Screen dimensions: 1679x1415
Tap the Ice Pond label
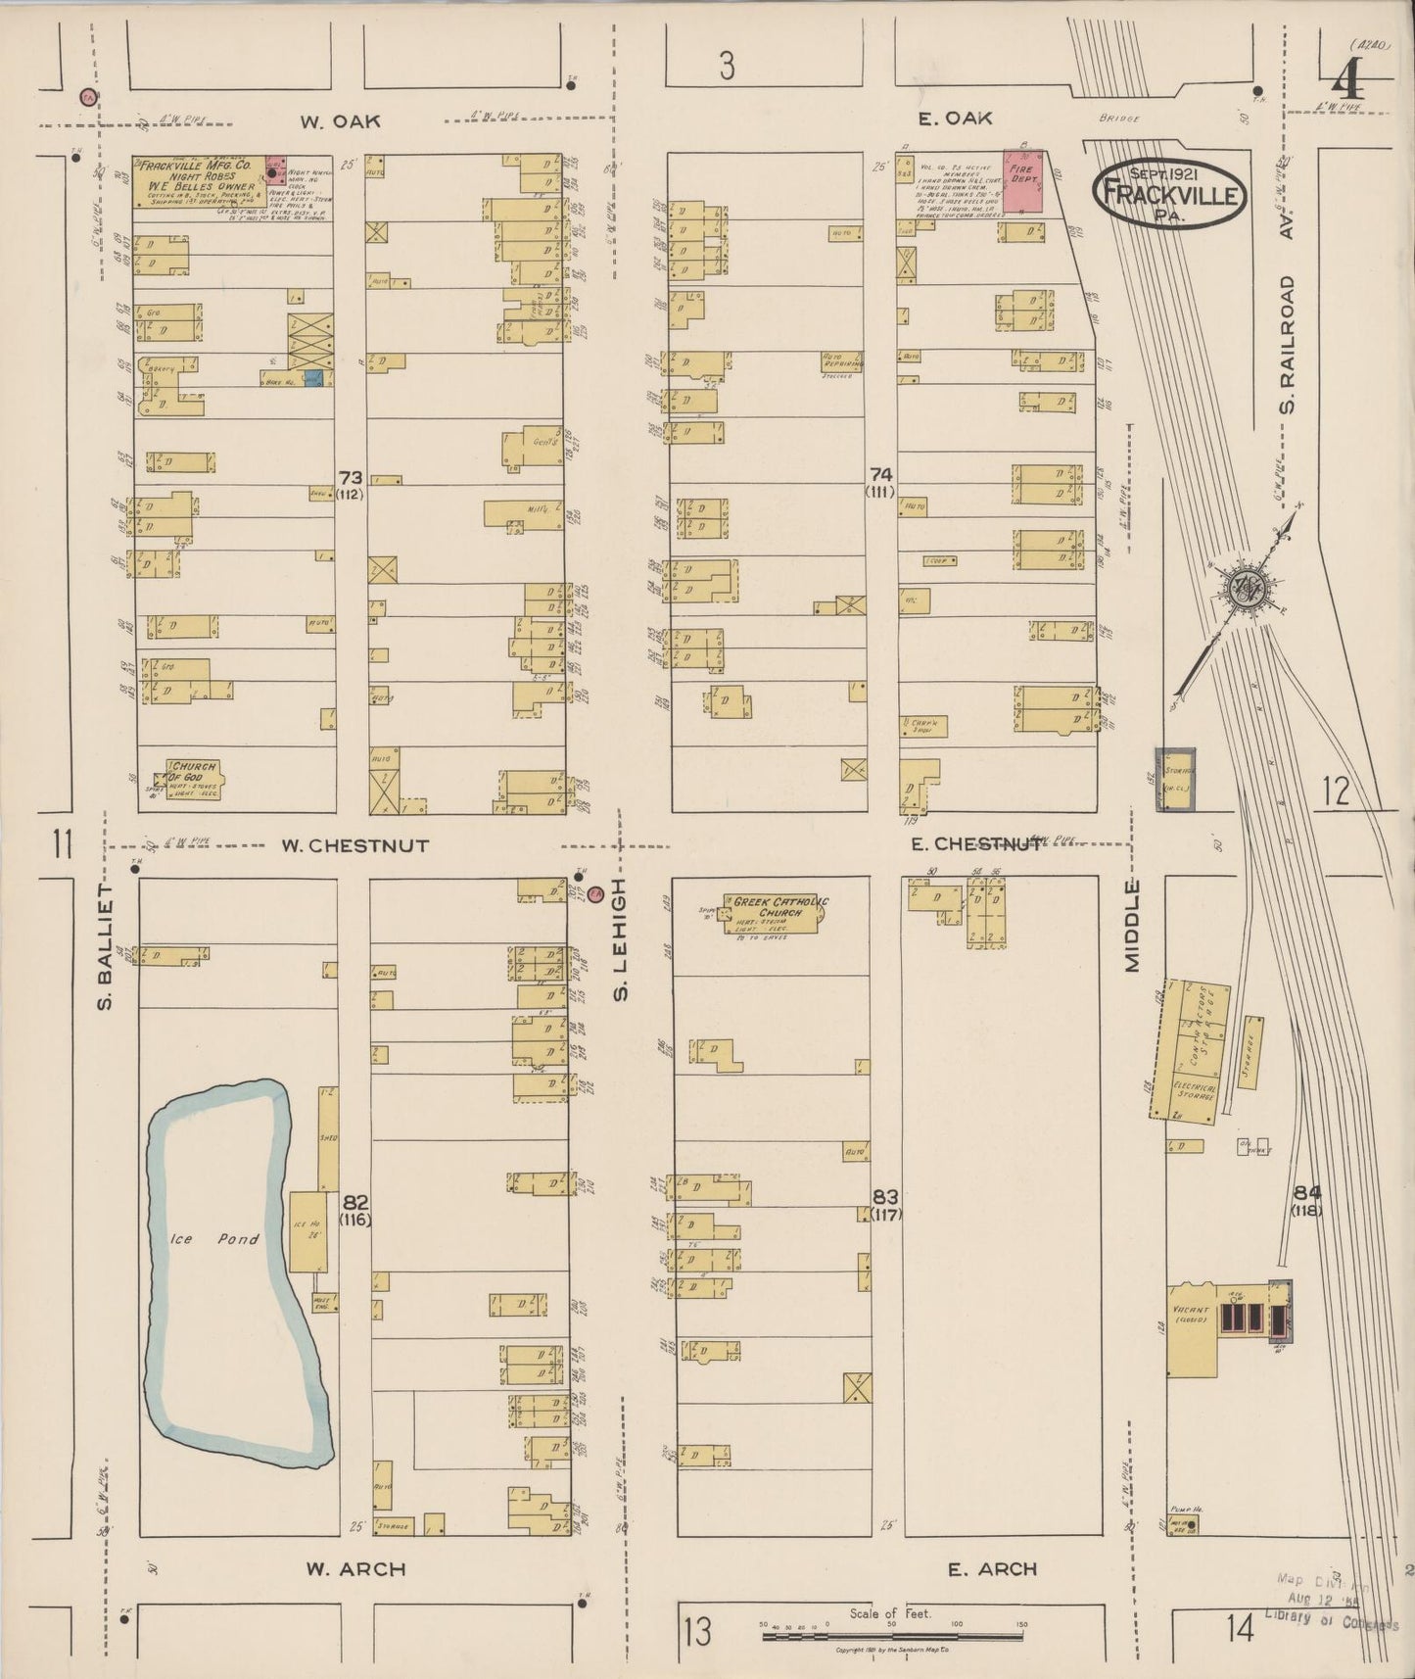tap(214, 1239)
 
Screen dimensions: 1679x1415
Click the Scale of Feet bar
tap(890, 1636)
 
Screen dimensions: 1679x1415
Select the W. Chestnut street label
tap(355, 845)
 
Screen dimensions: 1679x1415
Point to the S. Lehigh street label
tap(620, 938)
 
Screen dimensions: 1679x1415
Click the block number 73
tap(351, 477)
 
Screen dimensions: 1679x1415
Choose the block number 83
tap(885, 1197)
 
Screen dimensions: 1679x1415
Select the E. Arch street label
tap(992, 1569)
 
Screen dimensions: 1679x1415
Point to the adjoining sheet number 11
tap(64, 843)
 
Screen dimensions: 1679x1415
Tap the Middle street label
tap(1133, 926)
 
